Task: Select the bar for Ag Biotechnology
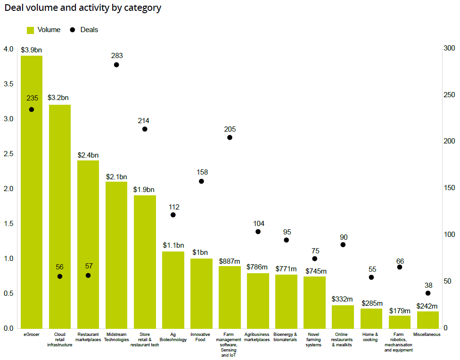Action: point(173,290)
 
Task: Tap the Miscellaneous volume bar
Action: point(428,320)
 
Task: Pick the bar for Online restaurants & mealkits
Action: point(343,317)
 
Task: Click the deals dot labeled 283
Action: point(116,65)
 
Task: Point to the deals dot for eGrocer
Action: point(32,109)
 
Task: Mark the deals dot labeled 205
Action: point(230,137)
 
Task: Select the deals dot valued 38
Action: point(428,293)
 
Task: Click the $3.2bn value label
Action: point(59,98)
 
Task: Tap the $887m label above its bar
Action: point(230,261)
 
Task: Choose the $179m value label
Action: point(400,310)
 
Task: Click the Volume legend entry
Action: point(44,30)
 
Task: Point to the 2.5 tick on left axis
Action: point(9,154)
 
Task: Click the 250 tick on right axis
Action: point(450,95)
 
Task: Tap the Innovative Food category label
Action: point(201,337)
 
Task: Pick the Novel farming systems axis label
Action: point(314,340)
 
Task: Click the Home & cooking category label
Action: point(371,337)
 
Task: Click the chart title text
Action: point(82,8)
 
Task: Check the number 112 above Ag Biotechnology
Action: point(173,207)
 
